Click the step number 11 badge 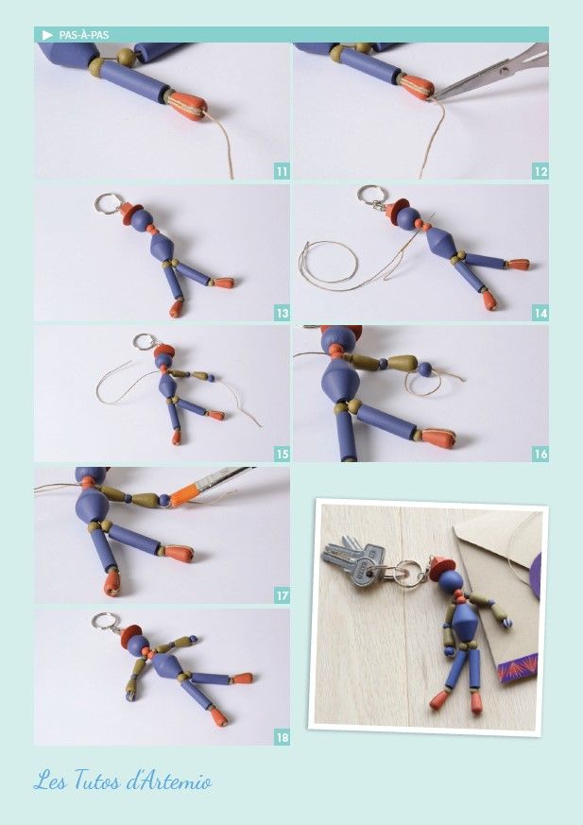pos(282,172)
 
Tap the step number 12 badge pos(540,172)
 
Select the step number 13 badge pos(282,314)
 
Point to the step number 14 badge pos(540,314)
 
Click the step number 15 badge pos(282,454)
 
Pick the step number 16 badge pos(540,454)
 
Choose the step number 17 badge pos(282,596)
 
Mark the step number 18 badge pos(282,738)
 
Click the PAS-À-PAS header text pos(84,35)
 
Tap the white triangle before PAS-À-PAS pos(47,35)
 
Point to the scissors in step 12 pos(492,71)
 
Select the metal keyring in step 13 pos(109,203)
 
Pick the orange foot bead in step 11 pos(187,105)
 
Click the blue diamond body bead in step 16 pos(340,380)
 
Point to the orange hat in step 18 pos(130,636)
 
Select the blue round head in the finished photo pos(451,581)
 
